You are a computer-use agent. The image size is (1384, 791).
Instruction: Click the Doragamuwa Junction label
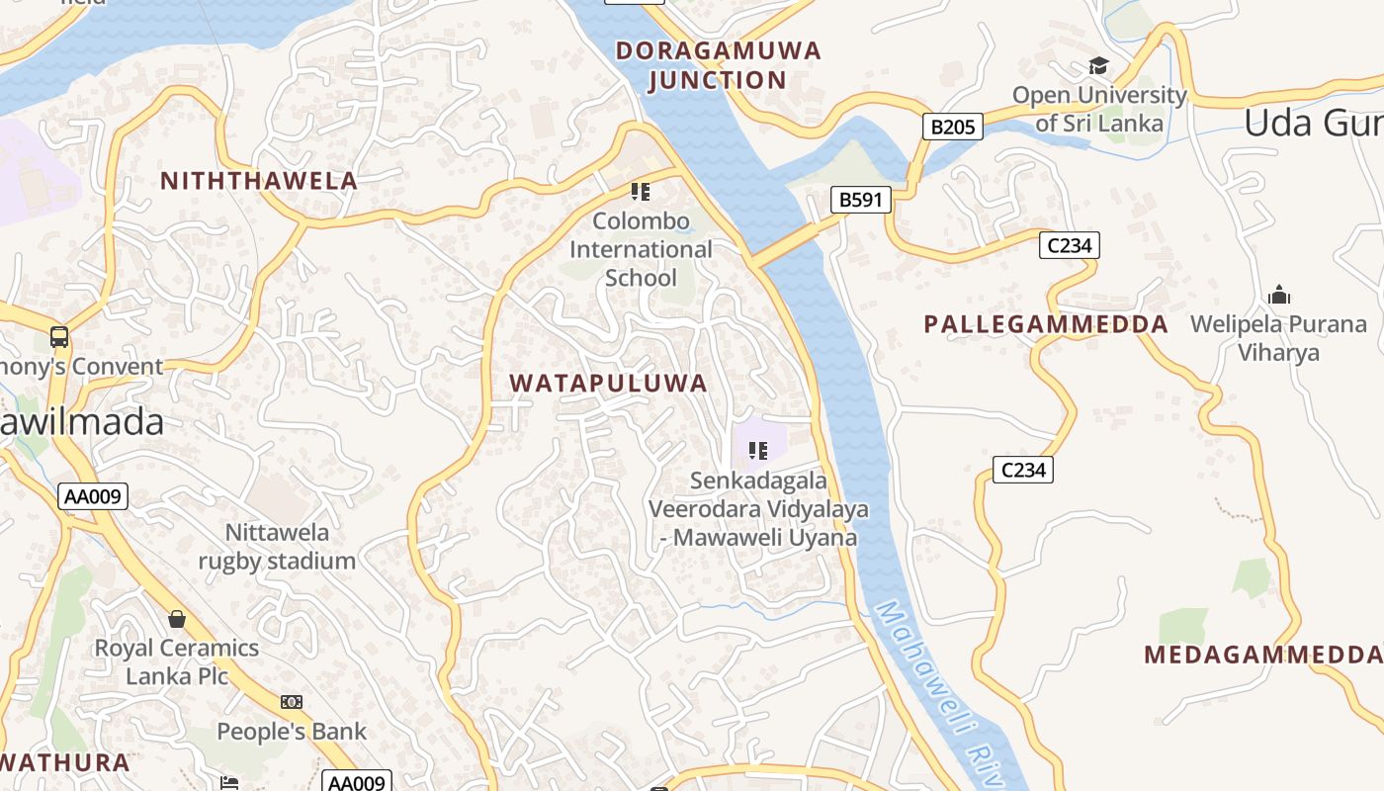click(718, 65)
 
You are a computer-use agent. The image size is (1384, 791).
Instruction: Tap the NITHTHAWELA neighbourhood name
click(258, 181)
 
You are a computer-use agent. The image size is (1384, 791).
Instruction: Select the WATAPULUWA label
click(608, 384)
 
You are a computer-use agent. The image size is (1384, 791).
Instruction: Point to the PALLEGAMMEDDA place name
click(1045, 324)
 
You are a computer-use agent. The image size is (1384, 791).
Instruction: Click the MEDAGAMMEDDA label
click(1262, 655)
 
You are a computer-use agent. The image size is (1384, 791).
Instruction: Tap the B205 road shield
click(953, 127)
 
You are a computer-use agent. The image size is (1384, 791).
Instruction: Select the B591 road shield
click(860, 201)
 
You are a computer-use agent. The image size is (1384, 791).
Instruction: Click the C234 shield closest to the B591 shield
click(1069, 245)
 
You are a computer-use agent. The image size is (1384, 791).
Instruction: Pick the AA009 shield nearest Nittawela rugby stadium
click(94, 496)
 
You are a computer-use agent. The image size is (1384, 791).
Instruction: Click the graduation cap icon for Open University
click(1097, 66)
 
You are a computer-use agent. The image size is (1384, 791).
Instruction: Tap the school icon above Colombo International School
click(640, 191)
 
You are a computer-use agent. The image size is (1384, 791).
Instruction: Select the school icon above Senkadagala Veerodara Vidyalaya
click(758, 451)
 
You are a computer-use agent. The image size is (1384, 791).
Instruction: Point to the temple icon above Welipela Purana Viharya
click(1278, 295)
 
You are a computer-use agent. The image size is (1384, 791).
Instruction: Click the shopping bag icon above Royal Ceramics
click(177, 619)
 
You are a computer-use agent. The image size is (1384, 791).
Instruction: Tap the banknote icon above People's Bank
click(291, 702)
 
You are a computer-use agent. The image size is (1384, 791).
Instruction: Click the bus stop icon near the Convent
click(59, 337)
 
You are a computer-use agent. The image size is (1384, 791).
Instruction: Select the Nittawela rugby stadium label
click(277, 547)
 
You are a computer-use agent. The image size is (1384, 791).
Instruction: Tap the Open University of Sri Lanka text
click(1098, 110)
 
